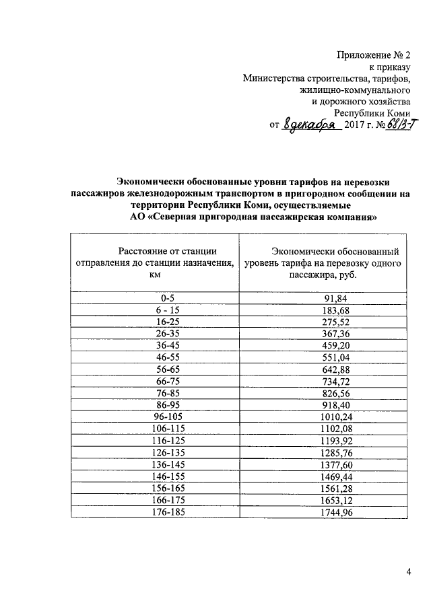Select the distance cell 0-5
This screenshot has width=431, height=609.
155,298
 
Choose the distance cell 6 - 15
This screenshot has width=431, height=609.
155,310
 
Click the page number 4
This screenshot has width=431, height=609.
408,572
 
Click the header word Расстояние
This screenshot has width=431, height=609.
140,251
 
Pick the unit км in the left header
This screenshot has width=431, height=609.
155,275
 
